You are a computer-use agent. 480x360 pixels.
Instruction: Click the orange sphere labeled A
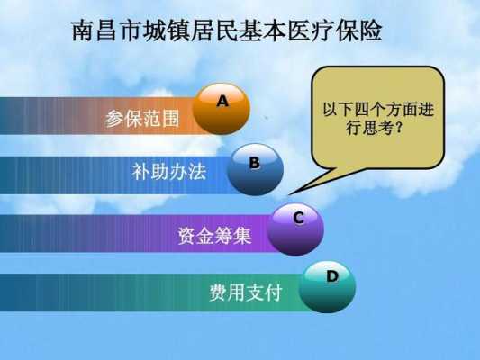(x=221, y=109)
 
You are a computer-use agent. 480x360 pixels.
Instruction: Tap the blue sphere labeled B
(x=255, y=170)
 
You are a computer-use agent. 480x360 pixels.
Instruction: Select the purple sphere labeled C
(x=295, y=229)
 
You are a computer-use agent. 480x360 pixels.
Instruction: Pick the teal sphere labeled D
(x=327, y=287)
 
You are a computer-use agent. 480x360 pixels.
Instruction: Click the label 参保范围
(x=142, y=119)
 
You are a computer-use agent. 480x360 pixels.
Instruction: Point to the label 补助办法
(x=169, y=171)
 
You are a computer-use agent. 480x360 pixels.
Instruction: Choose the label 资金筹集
(x=214, y=236)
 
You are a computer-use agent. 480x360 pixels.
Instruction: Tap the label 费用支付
(x=246, y=292)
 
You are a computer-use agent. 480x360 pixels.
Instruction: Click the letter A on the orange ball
(x=222, y=101)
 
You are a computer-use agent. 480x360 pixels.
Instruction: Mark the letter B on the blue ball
(x=254, y=163)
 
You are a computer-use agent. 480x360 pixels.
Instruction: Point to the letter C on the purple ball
(x=298, y=218)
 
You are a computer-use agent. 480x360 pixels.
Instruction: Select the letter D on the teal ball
(x=332, y=276)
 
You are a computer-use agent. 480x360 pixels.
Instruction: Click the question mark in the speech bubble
(x=398, y=128)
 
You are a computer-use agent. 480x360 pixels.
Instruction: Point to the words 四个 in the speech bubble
(x=369, y=110)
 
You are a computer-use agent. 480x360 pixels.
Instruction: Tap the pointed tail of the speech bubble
(x=290, y=193)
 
